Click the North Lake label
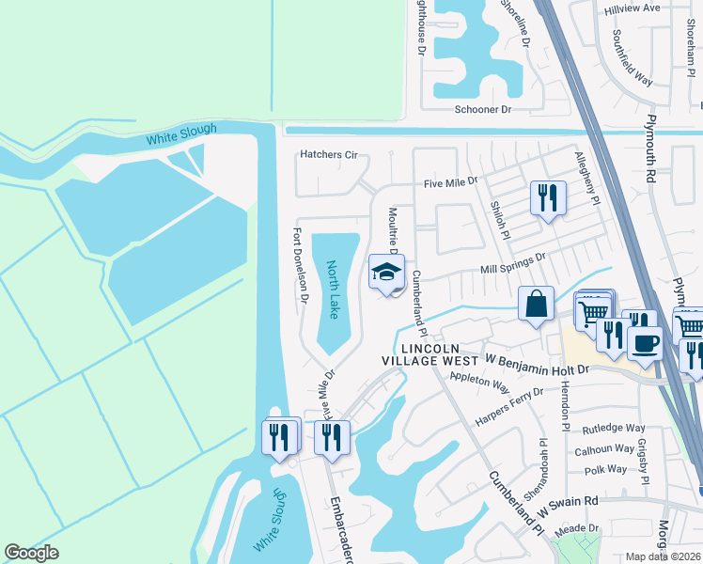[x=334, y=289]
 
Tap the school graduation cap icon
[x=385, y=272]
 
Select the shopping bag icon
[x=535, y=304]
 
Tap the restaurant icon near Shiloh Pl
[x=547, y=197]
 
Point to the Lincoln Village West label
[x=430, y=353]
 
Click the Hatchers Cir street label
[x=329, y=154]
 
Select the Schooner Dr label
[x=482, y=110]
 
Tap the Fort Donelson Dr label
[x=301, y=266]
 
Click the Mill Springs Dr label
[x=513, y=263]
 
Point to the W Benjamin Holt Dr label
[x=536, y=364]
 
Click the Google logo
[x=32, y=553]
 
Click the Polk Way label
[x=605, y=469]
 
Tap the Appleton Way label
[x=479, y=382]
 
